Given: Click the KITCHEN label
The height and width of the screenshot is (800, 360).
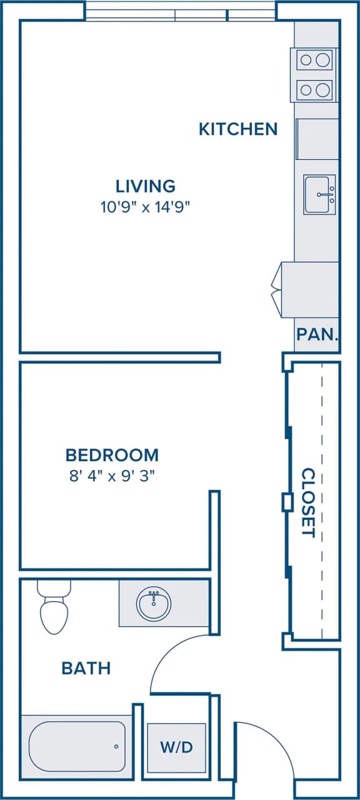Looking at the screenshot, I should pos(237,129).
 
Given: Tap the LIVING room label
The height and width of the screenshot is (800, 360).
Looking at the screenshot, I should pos(145,186).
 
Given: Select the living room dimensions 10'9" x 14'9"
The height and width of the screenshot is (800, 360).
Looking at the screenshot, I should pos(145,207).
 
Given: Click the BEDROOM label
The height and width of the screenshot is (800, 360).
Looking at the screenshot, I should pos(112,454).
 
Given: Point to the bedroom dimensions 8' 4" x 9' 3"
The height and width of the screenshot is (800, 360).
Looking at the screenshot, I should pos(112,475).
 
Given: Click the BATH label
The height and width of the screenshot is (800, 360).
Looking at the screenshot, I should pos(86,668).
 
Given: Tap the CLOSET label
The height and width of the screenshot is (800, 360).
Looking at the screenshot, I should pos(307,502).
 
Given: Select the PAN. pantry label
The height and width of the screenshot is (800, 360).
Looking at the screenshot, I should pos(317,334).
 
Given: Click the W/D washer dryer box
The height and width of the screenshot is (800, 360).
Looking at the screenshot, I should pos(176,747).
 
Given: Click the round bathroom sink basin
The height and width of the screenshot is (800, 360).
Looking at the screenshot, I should pos(154,604).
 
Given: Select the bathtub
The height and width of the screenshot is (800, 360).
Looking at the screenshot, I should pos(77,746).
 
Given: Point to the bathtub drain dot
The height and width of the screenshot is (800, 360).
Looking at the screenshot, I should pos(116,746).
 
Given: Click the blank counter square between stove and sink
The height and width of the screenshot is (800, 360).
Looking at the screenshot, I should pos(317,139).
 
